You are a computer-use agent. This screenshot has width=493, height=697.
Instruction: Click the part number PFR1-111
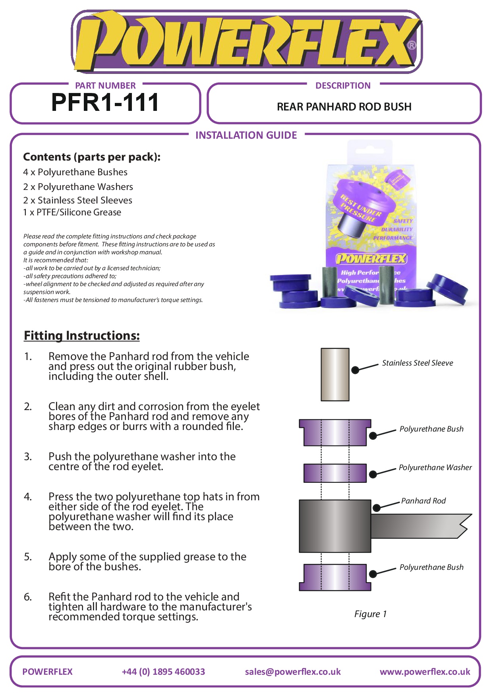(x=105, y=103)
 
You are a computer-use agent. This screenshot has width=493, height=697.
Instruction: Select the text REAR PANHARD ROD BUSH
(x=344, y=107)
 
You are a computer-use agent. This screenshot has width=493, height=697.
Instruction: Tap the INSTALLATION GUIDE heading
(x=246, y=136)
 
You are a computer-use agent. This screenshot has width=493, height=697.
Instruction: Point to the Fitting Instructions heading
(x=82, y=336)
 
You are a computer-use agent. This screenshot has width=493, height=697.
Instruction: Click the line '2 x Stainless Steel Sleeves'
(x=77, y=200)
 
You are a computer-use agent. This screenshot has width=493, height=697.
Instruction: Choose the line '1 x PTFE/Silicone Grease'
(x=72, y=213)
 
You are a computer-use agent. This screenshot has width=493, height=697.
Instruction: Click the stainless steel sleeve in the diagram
(x=335, y=374)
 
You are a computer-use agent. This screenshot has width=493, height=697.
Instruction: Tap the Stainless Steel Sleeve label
(x=417, y=363)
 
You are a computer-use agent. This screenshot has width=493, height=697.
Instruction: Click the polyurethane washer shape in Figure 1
(x=335, y=473)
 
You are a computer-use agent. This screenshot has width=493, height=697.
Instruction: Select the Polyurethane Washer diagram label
(x=435, y=468)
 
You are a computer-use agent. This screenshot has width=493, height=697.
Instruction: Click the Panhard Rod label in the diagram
(x=423, y=501)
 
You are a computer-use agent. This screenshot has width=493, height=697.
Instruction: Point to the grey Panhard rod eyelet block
(x=335, y=526)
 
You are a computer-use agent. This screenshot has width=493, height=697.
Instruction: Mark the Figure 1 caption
(x=370, y=614)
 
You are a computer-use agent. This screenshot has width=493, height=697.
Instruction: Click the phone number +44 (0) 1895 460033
(x=163, y=672)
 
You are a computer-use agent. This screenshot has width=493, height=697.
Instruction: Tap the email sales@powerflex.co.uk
(x=293, y=672)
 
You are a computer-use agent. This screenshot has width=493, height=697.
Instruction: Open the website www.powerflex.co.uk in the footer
(x=425, y=672)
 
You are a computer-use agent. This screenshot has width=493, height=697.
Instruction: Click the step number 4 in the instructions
(x=28, y=497)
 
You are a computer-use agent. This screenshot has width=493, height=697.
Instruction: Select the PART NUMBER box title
(x=105, y=85)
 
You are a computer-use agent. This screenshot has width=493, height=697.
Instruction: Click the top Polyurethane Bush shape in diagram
(x=335, y=432)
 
